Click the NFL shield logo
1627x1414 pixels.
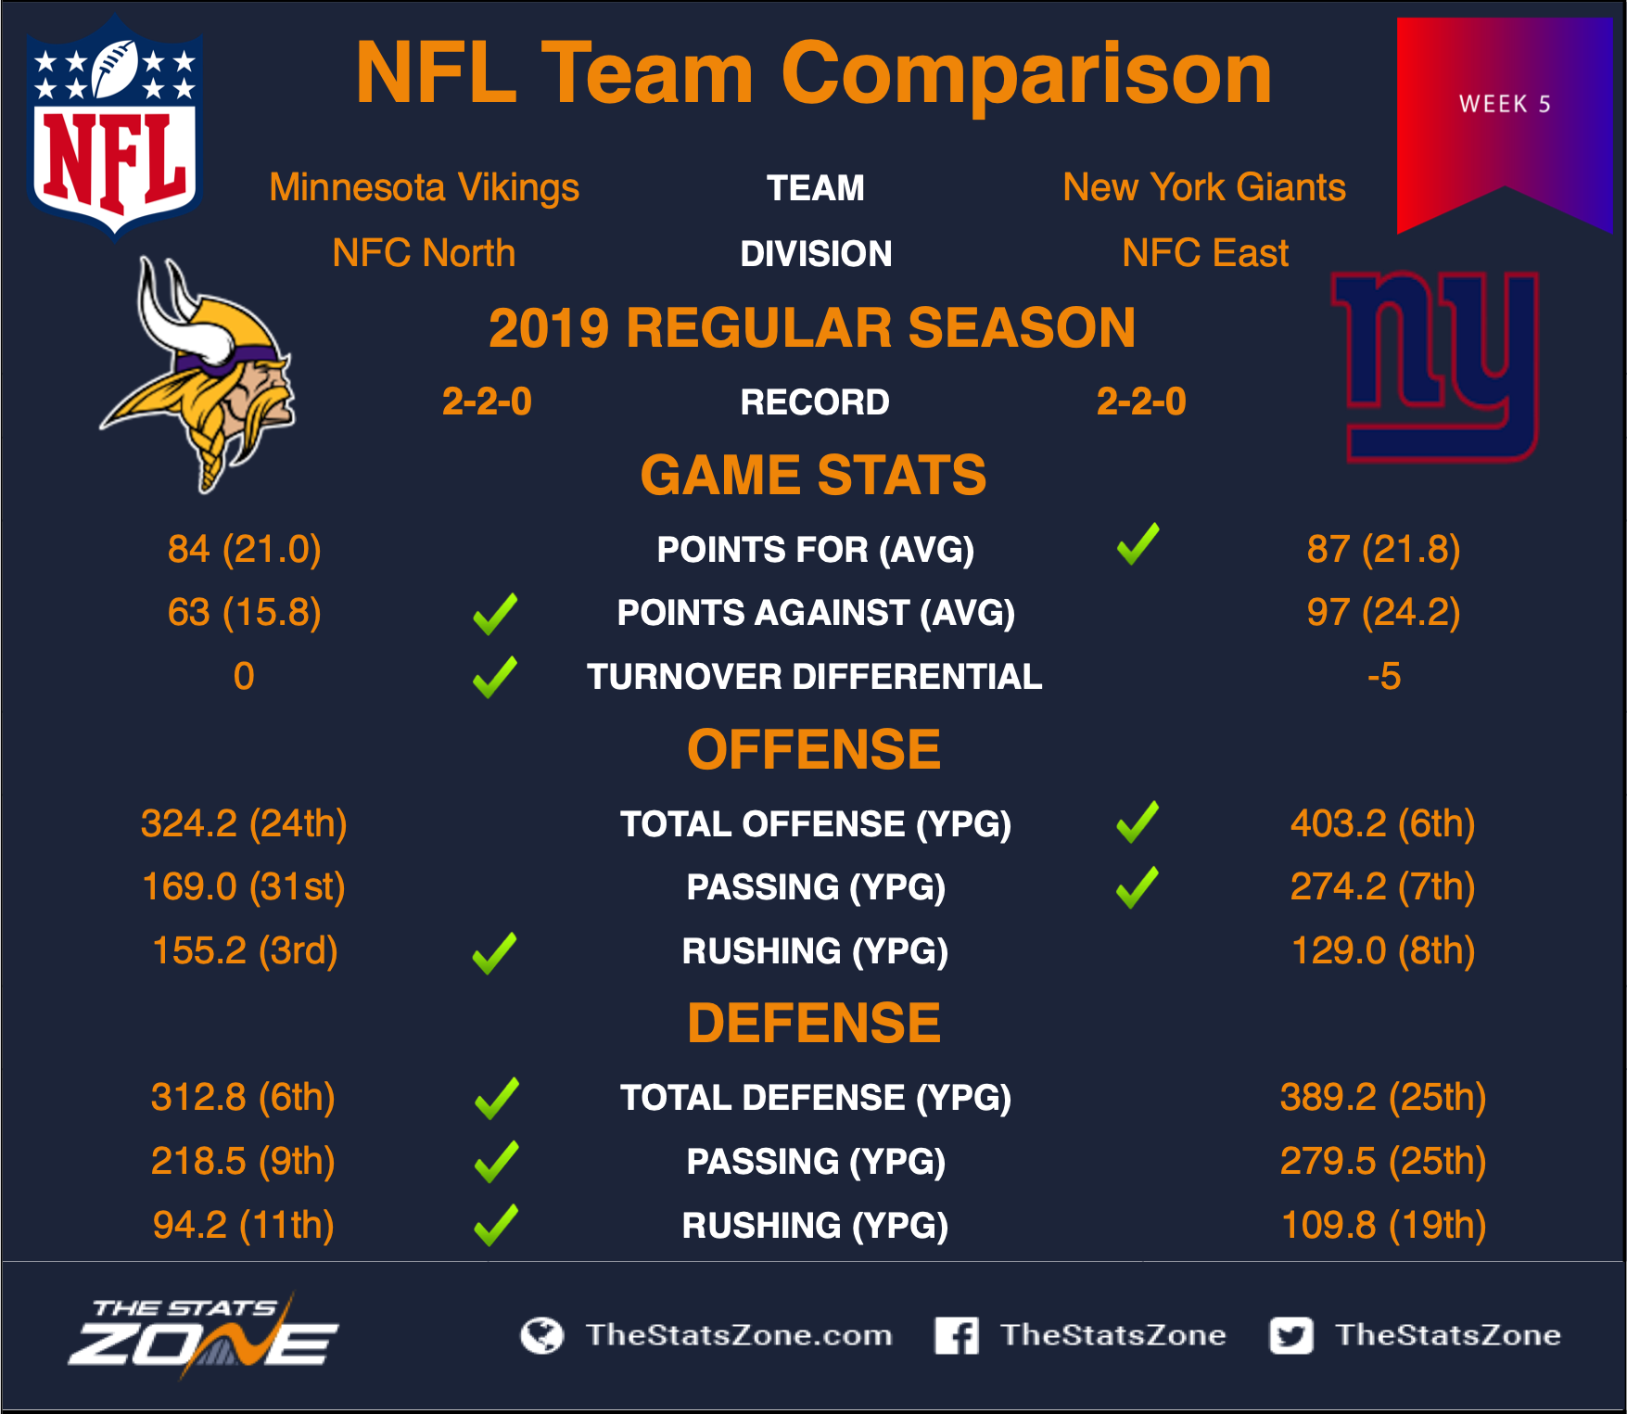[x=115, y=125]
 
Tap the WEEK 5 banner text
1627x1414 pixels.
[x=1505, y=104]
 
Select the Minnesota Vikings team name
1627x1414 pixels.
[x=424, y=187]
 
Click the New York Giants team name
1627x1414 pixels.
[x=1204, y=187]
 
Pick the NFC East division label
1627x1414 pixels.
[x=1205, y=253]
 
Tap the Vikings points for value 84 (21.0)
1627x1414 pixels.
[x=244, y=549]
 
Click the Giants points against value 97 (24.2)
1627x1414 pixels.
[x=1383, y=612]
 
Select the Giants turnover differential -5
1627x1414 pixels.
[x=1383, y=676]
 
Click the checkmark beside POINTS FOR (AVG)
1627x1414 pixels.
[x=1138, y=544]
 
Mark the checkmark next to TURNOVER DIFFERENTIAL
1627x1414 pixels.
[x=495, y=677]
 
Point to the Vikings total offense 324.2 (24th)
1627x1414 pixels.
[x=244, y=823]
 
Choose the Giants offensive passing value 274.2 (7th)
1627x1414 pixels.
[x=1382, y=886]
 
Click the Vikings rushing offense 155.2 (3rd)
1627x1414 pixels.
[x=245, y=950]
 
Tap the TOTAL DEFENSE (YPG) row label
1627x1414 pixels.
[x=815, y=1098]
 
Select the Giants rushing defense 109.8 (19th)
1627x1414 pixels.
[x=1383, y=1225]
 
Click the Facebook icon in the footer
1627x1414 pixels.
[x=957, y=1335]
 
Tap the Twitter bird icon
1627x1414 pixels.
[x=1291, y=1335]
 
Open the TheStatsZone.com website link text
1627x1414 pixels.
[x=739, y=1334]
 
